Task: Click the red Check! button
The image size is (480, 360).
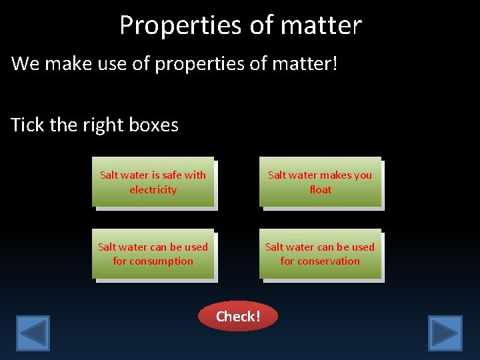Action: tap(237, 316)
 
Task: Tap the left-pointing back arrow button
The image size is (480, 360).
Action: tap(33, 333)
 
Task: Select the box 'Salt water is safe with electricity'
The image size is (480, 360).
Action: tap(153, 182)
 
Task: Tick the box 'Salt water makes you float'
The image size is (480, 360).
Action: tap(320, 182)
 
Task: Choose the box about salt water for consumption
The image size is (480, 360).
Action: tap(153, 254)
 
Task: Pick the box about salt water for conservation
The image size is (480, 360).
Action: tap(320, 254)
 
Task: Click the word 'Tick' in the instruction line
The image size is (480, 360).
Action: tap(26, 125)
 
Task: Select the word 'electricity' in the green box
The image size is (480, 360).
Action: tap(153, 190)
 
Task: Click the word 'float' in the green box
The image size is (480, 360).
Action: tap(320, 190)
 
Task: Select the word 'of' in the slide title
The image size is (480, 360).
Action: tap(261, 25)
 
